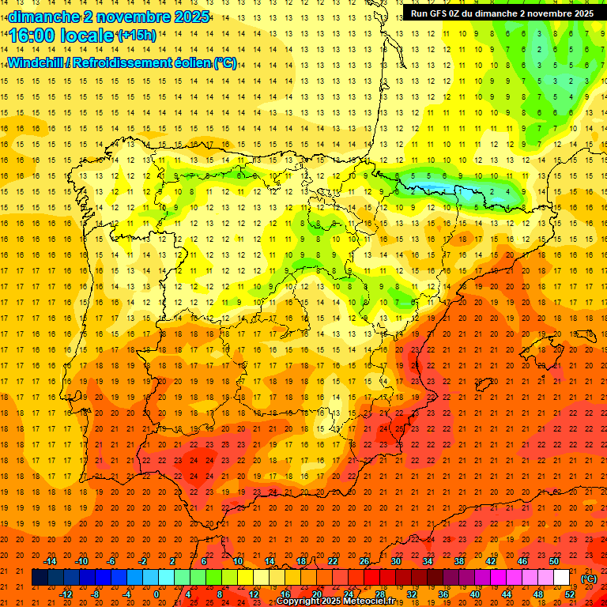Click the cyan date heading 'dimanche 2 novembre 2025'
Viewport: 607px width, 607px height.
(x=109, y=17)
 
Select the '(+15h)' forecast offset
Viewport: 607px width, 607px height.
(x=137, y=36)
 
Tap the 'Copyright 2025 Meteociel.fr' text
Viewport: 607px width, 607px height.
(x=334, y=601)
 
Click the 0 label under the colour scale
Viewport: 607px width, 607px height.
(x=156, y=594)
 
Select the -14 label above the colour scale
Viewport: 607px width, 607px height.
(x=51, y=561)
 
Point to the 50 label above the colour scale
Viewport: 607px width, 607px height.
(x=554, y=561)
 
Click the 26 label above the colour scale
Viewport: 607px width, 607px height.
(x=364, y=561)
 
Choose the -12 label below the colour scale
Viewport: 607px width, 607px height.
(x=66, y=594)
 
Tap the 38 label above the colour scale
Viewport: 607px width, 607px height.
(x=459, y=561)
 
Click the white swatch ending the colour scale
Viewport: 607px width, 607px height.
(x=561, y=578)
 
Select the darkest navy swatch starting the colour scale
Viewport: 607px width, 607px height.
(x=40, y=578)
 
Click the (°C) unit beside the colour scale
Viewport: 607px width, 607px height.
(x=589, y=579)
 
